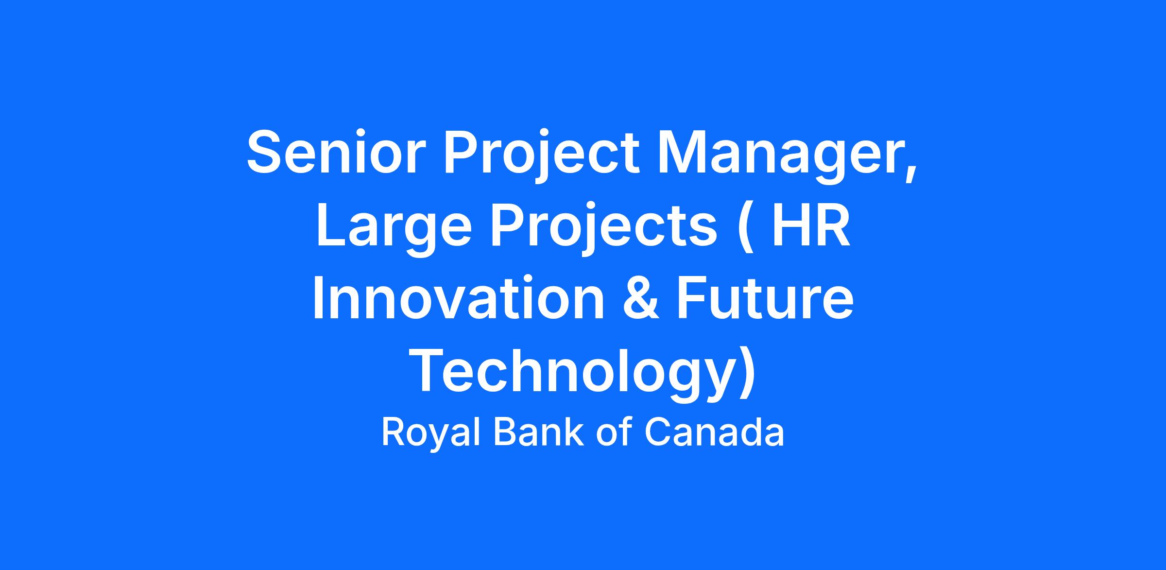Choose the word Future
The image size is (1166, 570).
coord(765,298)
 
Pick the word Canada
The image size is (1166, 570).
coord(714,432)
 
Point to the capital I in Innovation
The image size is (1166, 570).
coord(318,298)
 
